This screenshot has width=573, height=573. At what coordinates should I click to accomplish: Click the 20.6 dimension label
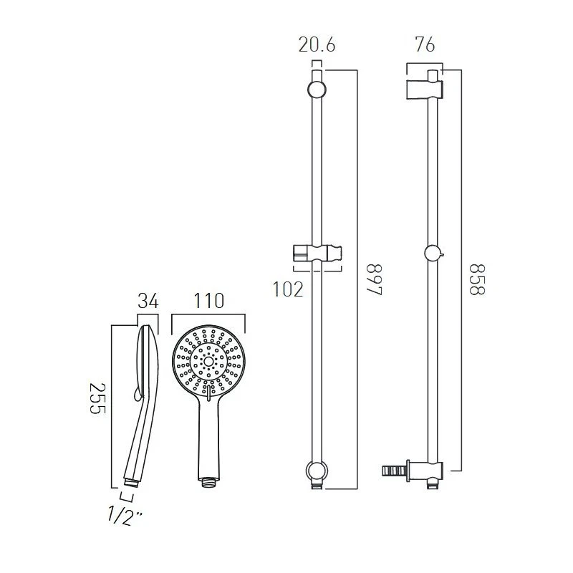click(x=317, y=45)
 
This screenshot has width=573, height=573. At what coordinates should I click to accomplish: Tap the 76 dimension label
click(x=425, y=45)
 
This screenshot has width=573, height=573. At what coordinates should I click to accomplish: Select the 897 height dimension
click(x=375, y=279)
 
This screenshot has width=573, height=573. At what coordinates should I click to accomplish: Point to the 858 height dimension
click(x=477, y=279)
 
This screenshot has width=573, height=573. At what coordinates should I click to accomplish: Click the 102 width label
click(x=288, y=289)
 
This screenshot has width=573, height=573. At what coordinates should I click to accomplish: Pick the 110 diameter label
click(x=208, y=301)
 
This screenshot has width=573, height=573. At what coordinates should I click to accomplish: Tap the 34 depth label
click(x=148, y=301)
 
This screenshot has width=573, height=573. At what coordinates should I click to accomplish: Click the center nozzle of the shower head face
click(x=208, y=362)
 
